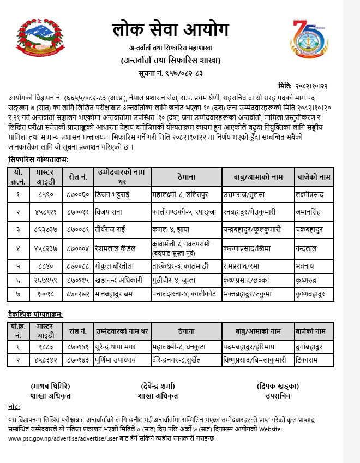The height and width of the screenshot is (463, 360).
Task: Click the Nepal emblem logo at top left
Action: point(37,39)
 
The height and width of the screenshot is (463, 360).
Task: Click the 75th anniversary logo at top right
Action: point(309,39)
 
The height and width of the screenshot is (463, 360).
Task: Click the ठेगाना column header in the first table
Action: point(187,177)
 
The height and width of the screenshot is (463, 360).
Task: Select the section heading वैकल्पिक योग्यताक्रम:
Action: point(35,314)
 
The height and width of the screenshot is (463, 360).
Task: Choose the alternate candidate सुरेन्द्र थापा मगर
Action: point(122,346)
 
